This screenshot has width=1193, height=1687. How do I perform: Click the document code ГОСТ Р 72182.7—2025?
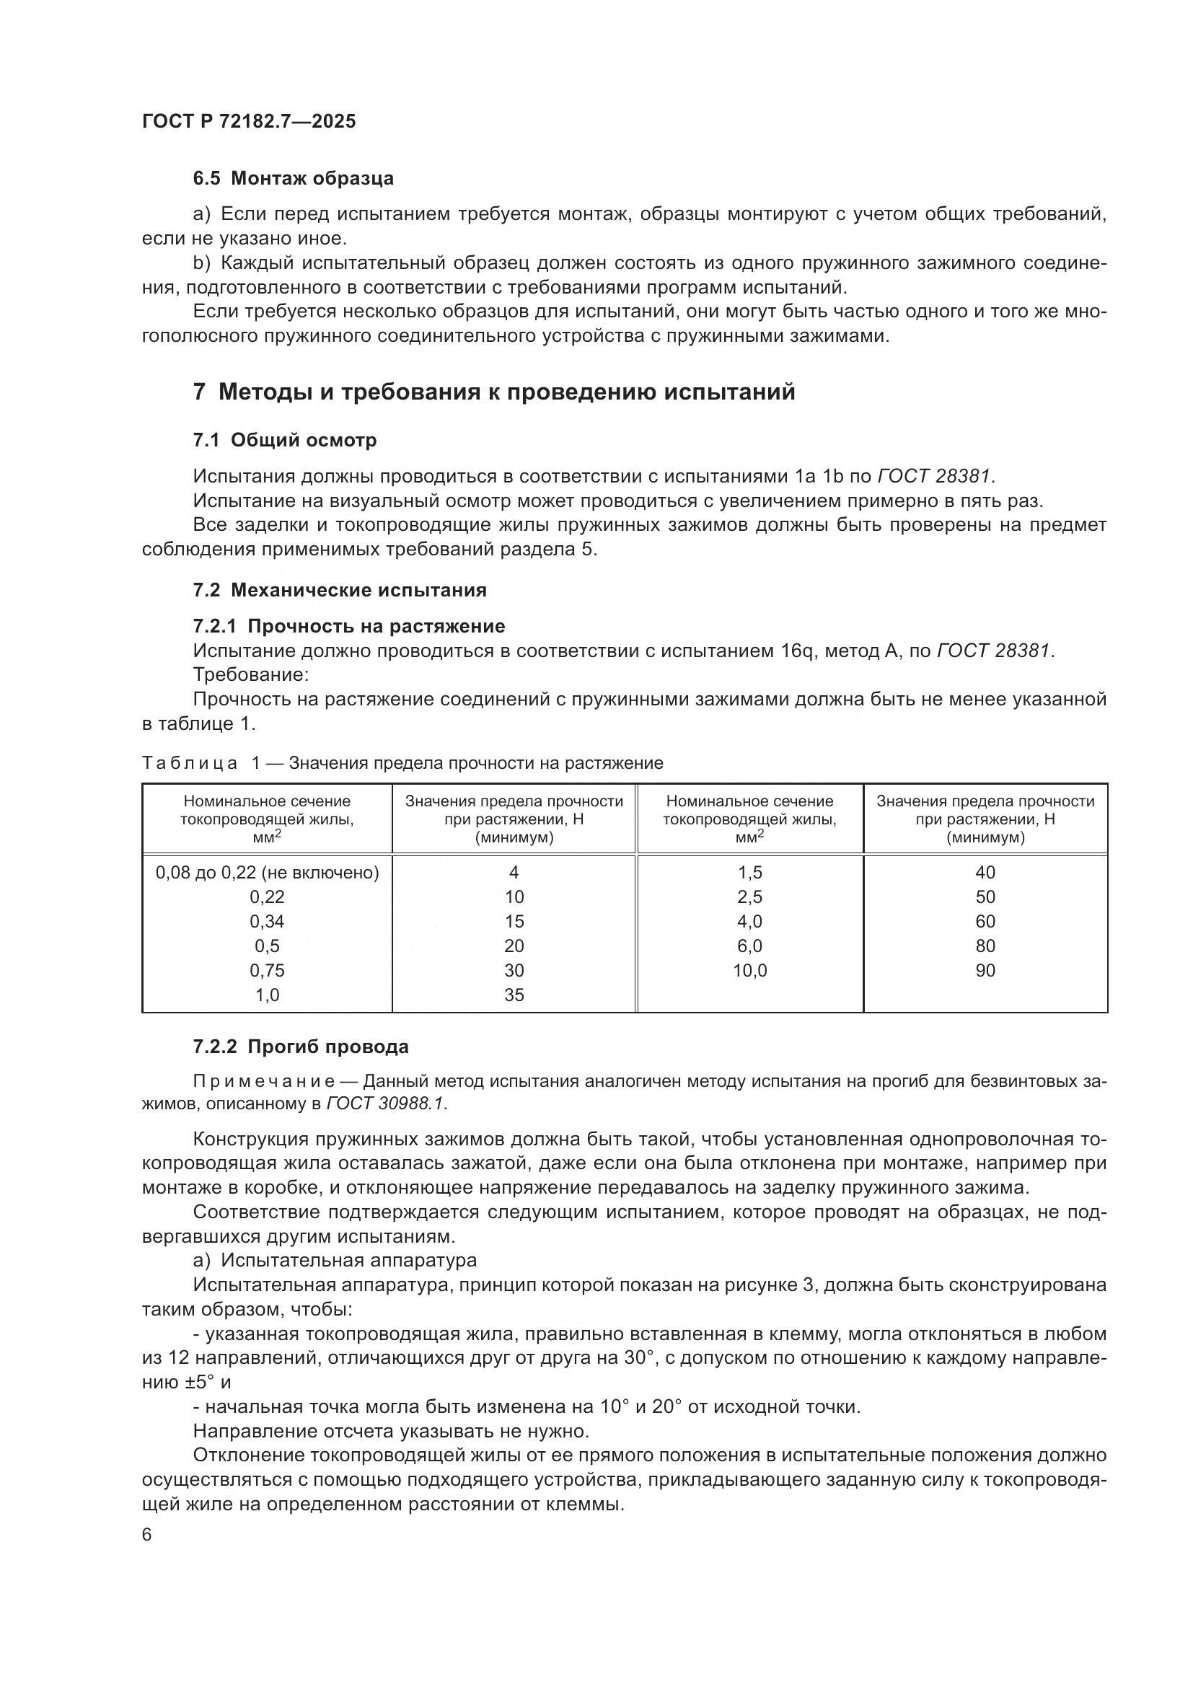click(248, 121)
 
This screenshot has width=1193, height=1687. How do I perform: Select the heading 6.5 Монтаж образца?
click(293, 179)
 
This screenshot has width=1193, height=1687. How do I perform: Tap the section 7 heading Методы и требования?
click(493, 392)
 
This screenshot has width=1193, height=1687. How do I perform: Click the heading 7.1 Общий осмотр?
click(285, 440)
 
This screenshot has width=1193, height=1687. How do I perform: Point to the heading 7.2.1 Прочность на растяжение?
click(349, 626)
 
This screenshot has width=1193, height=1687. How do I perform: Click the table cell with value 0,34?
click(267, 921)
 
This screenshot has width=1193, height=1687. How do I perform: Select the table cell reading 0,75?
click(267, 970)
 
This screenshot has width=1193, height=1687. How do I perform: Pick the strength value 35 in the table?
click(514, 995)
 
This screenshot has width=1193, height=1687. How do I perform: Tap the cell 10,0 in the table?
click(749, 970)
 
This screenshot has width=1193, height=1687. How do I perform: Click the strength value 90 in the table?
click(985, 970)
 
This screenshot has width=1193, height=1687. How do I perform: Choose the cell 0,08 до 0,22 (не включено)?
click(268, 872)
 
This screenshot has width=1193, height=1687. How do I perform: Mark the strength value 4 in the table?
click(514, 872)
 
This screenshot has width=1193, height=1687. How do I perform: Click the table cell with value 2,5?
click(749, 897)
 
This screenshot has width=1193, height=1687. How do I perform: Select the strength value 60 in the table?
click(985, 921)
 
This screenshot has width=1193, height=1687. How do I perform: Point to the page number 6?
click(147, 1535)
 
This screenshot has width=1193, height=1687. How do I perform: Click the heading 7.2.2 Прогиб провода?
click(301, 1047)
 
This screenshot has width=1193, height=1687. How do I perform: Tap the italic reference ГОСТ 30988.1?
click(385, 1104)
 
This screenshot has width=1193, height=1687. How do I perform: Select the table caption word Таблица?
click(190, 762)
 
